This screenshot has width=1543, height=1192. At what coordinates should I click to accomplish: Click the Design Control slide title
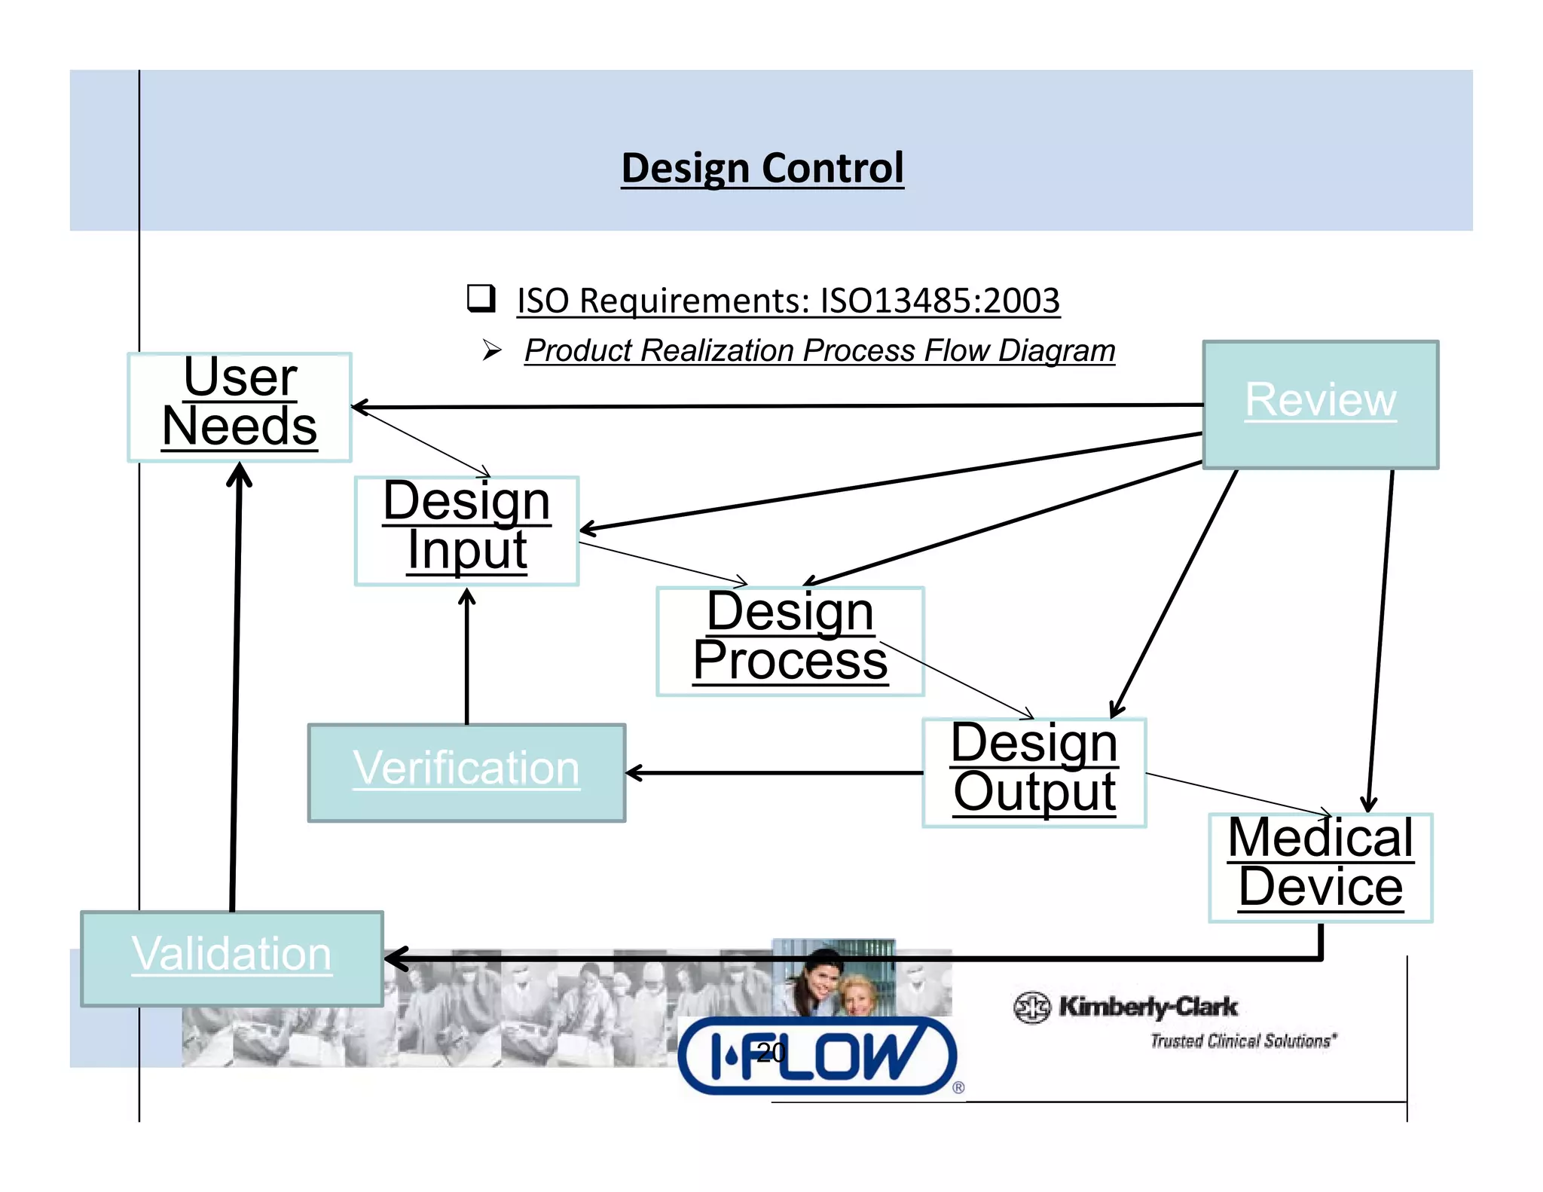point(762,167)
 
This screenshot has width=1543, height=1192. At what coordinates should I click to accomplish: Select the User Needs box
point(240,407)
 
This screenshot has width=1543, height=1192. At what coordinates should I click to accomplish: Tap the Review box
point(1320,404)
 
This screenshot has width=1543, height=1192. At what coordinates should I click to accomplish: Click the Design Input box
point(466,530)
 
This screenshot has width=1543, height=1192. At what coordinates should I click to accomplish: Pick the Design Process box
point(790,640)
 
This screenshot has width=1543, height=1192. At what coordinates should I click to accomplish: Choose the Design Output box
point(1034,772)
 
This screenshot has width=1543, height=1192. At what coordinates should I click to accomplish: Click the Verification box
point(466,772)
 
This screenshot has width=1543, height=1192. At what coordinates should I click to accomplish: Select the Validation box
point(232,958)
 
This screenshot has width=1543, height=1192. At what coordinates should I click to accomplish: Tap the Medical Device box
point(1320,866)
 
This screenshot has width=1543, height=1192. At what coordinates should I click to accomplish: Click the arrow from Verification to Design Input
point(467,656)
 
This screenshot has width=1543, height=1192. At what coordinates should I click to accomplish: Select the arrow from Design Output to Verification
point(776,772)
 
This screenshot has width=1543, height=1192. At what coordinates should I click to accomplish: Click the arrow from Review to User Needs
point(776,406)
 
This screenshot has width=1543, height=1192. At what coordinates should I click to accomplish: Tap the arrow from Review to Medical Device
point(1380,640)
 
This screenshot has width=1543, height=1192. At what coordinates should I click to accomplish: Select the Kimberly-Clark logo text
point(1147,1006)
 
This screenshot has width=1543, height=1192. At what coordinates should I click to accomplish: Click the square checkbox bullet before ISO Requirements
point(481,298)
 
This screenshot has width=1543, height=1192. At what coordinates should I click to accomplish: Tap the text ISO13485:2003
point(940,301)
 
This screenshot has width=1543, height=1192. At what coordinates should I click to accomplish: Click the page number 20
point(771,1053)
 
